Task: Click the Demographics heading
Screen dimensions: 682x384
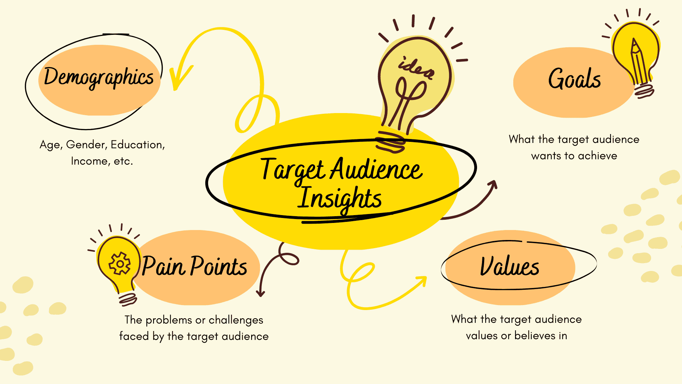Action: click(x=99, y=77)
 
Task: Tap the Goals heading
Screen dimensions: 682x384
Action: click(x=574, y=79)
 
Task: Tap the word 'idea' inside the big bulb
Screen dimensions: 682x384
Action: click(x=416, y=68)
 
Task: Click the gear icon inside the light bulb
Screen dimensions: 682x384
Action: click(x=120, y=263)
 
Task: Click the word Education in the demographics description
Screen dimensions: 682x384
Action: click(x=138, y=145)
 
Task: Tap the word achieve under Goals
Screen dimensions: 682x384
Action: click(x=598, y=156)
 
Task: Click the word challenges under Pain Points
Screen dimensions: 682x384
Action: click(x=236, y=320)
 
